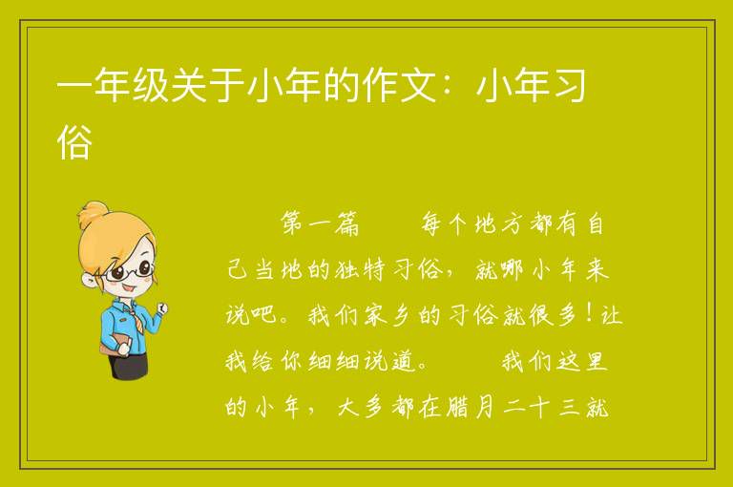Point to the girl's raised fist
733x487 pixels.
coord(162,307)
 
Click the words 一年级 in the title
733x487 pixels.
coord(113,86)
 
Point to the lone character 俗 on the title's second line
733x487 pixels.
coord(74,141)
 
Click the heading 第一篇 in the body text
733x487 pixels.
coord(321,223)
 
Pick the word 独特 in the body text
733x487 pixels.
coord(360,270)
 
